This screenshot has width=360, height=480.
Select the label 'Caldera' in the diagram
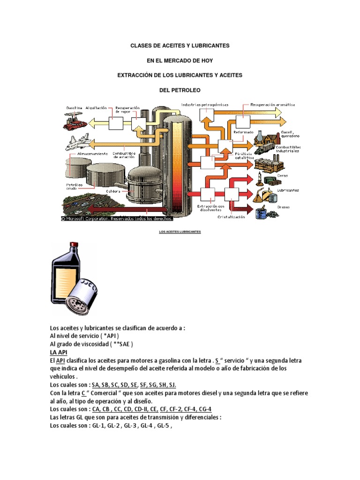(x=113, y=191)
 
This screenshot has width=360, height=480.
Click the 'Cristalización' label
(x=231, y=217)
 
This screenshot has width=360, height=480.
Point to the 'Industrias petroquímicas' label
(x=204, y=105)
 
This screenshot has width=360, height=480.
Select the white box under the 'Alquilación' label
(x=115, y=123)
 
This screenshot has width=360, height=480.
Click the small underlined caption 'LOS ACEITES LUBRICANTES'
(x=180, y=232)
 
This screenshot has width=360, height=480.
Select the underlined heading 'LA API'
(x=59, y=352)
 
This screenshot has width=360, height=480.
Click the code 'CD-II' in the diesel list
(x=140, y=409)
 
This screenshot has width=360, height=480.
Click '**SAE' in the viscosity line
(x=123, y=344)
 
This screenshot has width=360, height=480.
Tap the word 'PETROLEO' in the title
(x=180, y=89)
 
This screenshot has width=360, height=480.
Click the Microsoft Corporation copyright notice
(x=117, y=218)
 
